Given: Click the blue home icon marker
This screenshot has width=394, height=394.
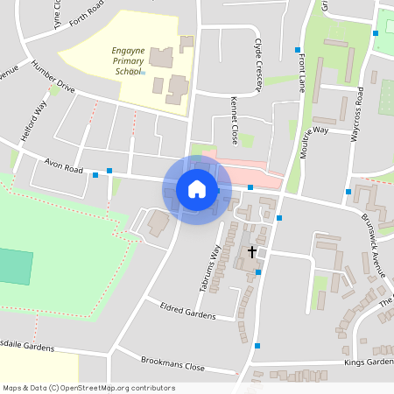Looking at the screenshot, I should click(197, 189).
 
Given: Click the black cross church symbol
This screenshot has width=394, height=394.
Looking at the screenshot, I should click(252, 252).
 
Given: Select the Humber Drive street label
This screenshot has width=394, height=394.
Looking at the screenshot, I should click(54, 79).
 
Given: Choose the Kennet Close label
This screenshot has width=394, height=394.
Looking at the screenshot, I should click(234, 121).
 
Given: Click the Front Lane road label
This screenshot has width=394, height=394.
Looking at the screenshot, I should click(302, 74).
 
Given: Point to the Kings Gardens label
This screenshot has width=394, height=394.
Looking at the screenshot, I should click(369, 362).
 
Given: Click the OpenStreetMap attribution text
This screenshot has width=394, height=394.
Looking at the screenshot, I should click(89, 388).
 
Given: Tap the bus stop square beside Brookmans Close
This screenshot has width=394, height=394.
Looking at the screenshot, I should click(257, 346).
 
